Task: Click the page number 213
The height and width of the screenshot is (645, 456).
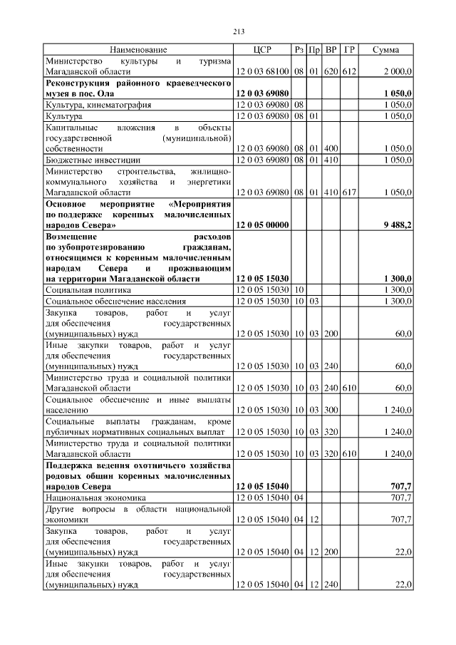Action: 239,31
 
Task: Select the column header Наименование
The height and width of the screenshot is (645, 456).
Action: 138,50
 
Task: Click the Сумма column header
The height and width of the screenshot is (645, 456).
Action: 385,50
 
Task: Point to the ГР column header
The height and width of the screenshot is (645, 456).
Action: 349,50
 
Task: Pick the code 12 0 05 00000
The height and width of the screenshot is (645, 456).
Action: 261,225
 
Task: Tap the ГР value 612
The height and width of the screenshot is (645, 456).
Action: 349,72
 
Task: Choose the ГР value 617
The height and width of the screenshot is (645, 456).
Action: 349,192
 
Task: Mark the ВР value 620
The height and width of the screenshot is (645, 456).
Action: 331,72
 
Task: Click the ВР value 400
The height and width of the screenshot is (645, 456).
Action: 331,148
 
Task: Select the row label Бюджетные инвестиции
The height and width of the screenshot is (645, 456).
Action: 93,160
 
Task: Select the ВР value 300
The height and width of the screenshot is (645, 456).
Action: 331,411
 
